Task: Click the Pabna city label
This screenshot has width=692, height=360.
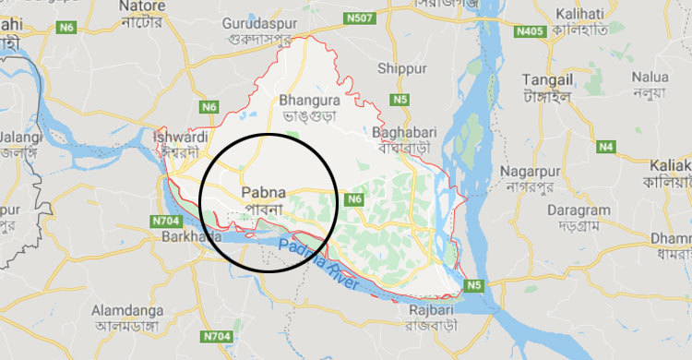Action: click(x=264, y=194)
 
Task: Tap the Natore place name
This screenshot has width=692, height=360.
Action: click(x=143, y=7)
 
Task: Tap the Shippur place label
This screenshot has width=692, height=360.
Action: click(x=402, y=68)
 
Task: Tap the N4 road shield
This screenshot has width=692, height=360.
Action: click(x=605, y=147)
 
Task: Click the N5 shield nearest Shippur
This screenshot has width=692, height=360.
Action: click(x=400, y=99)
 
